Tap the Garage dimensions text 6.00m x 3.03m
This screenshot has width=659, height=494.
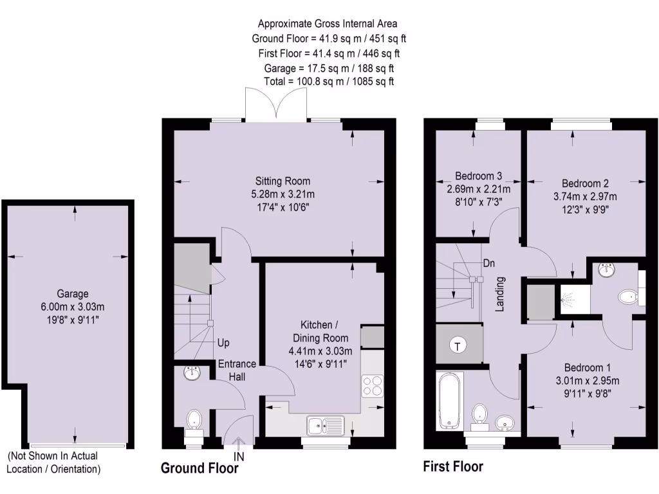(x=71, y=306)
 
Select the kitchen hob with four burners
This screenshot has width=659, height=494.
(x=372, y=386)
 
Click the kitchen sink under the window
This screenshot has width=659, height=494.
(x=326, y=425)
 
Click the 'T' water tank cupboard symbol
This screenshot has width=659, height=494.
(x=458, y=346)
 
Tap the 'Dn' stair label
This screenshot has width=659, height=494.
(x=489, y=263)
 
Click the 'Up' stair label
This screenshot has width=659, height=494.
(x=223, y=343)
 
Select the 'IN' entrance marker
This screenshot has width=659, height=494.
(x=239, y=455)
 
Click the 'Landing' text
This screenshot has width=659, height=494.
(x=499, y=294)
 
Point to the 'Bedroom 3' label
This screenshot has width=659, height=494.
(x=478, y=176)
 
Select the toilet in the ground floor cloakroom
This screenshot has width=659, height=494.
(x=194, y=421)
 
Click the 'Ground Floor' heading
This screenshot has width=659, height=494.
(x=199, y=468)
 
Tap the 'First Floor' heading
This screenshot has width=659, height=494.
(x=452, y=466)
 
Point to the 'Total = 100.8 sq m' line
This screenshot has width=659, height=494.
(x=329, y=82)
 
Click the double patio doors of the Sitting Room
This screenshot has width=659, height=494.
(x=277, y=104)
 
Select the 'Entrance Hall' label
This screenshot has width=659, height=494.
(x=236, y=370)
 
